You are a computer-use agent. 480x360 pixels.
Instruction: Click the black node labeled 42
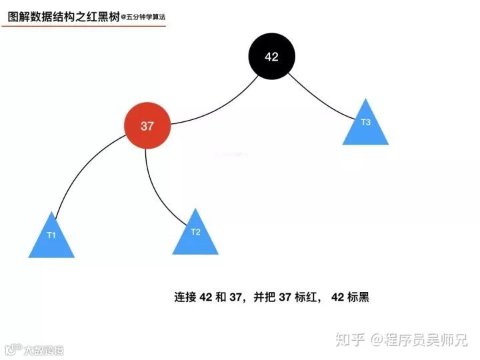[x=271, y=57]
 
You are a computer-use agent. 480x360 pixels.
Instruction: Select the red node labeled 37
[x=148, y=126]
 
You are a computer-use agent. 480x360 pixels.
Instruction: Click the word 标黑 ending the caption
[x=359, y=297]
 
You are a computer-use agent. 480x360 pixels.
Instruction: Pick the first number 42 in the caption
[x=205, y=297]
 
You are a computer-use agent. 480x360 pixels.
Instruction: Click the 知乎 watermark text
[x=351, y=339]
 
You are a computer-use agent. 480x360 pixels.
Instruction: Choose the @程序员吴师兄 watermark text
[x=419, y=339]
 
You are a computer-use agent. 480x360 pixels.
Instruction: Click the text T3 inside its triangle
[x=365, y=122]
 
